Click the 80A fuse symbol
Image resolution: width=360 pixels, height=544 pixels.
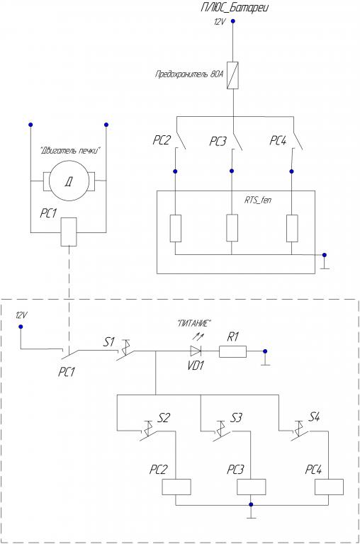coord(232,76)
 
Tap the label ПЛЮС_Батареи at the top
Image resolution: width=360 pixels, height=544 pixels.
coord(235,8)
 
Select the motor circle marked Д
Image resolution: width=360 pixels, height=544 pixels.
coord(69,181)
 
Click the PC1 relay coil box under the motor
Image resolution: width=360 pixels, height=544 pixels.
coord(69,232)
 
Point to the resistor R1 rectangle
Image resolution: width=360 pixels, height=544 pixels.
coord(232,351)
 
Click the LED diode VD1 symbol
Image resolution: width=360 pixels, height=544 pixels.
coord(196,351)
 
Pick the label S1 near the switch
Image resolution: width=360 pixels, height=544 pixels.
coord(108,342)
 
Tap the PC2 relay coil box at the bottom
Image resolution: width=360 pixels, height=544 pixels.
coord(176,487)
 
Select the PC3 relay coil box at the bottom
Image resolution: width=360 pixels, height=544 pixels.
coord(252,487)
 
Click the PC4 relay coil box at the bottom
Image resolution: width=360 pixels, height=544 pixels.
coord(329,487)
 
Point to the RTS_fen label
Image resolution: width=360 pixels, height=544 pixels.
coord(258,200)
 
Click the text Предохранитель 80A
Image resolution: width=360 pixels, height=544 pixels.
coord(189,74)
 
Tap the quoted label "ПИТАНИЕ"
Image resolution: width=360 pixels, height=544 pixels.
coord(193,324)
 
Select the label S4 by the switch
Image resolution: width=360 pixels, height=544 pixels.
coord(314,416)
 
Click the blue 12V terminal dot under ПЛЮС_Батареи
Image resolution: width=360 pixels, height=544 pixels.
coord(233,21)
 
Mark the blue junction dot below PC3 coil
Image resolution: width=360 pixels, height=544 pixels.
coord(251,504)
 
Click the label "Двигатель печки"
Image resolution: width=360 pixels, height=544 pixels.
coord(70,151)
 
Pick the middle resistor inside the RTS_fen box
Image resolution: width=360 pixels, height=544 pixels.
coord(232,228)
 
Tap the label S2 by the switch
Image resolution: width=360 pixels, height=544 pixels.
coord(164,418)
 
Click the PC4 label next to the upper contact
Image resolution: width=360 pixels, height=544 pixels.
coord(278,141)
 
